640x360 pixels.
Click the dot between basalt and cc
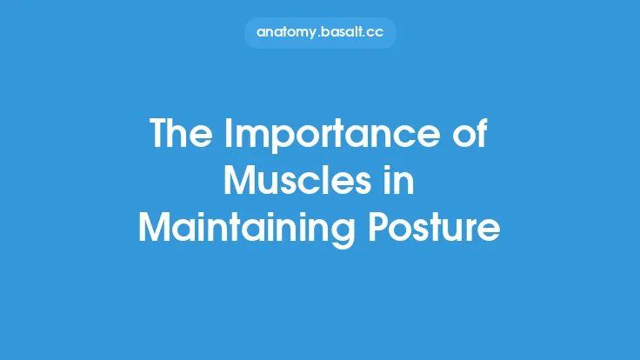click(x=366, y=35)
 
